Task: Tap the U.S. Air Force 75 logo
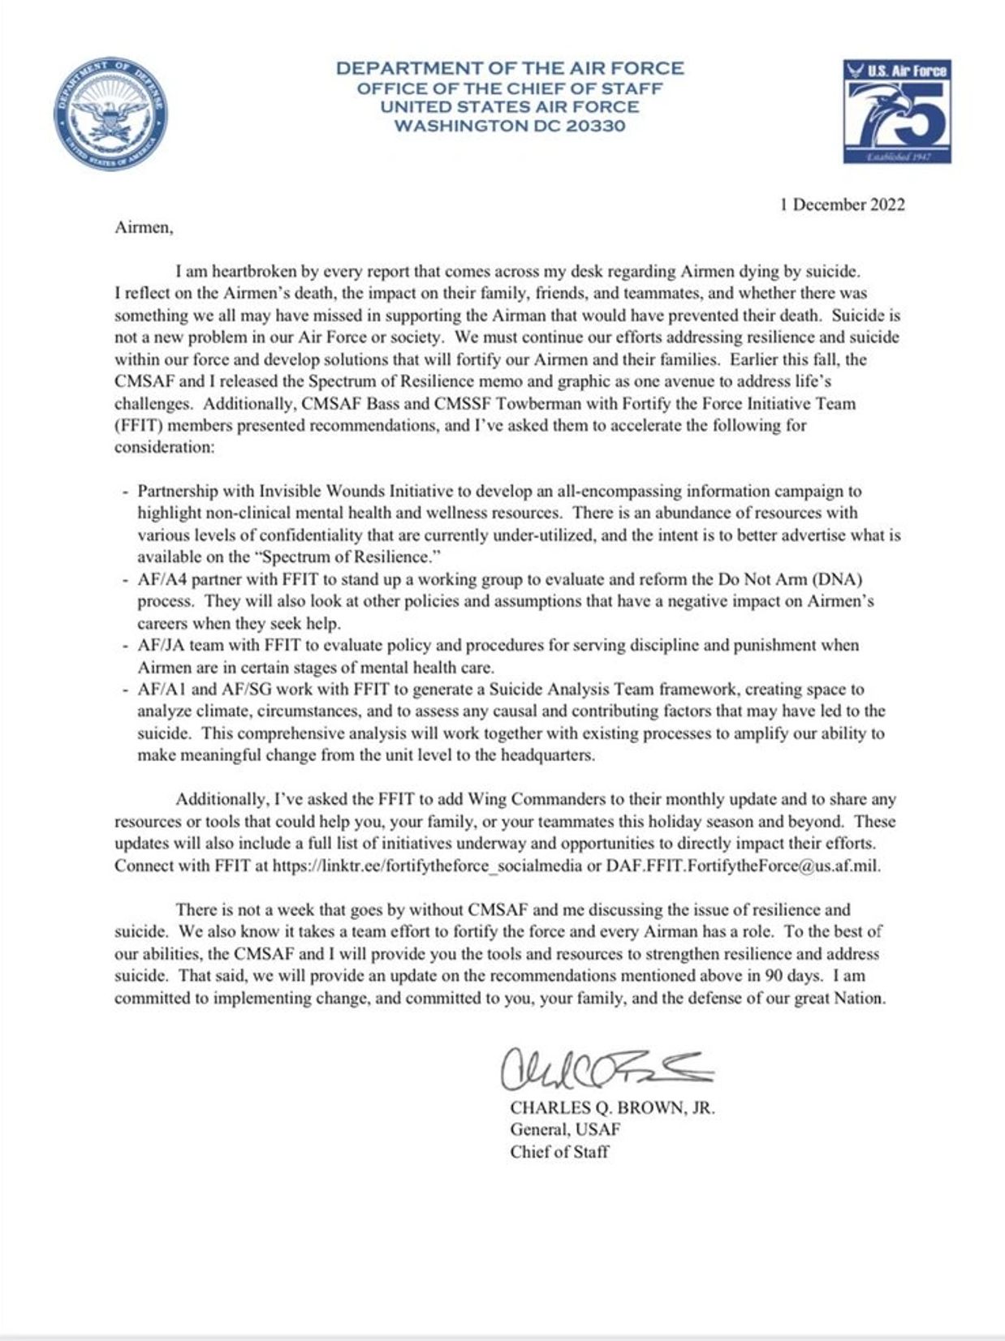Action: pyautogui.click(x=896, y=111)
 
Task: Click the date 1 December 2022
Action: pyautogui.click(x=842, y=204)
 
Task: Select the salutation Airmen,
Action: pyautogui.click(x=144, y=227)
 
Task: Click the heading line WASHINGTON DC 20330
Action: pyautogui.click(x=509, y=126)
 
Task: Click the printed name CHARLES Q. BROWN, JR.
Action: pyautogui.click(x=612, y=1107)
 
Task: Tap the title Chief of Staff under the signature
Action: pyautogui.click(x=559, y=1151)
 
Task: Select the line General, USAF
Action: pyautogui.click(x=565, y=1129)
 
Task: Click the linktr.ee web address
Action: pyautogui.click(x=427, y=866)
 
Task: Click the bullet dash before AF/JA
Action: pyautogui.click(x=124, y=647)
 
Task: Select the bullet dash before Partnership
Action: pyautogui.click(x=124, y=492)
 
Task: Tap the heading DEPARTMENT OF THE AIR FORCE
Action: pyautogui.click(x=510, y=68)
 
